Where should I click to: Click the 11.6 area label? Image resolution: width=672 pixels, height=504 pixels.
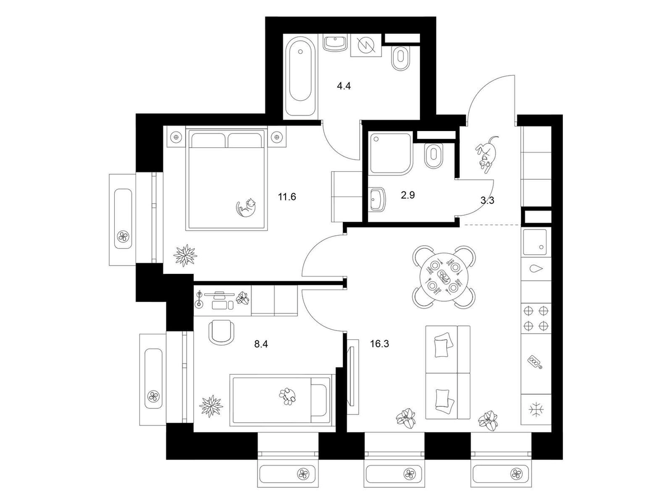[287, 197]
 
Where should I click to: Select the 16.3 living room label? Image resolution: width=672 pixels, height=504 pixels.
[379, 344]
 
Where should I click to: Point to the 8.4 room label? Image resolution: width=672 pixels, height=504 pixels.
[261, 344]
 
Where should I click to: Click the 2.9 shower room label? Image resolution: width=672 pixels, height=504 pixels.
[408, 195]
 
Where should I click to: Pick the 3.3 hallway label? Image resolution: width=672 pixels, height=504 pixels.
[487, 200]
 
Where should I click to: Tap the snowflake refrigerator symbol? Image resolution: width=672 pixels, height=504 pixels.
[536, 409]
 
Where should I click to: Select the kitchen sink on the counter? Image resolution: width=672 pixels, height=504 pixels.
[535, 242]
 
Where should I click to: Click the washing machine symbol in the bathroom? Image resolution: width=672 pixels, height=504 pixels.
[366, 45]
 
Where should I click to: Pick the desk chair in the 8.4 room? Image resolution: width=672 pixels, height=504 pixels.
[221, 332]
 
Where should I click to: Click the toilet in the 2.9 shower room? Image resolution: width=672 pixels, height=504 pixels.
[433, 155]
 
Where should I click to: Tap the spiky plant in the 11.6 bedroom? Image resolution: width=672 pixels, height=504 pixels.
[185, 255]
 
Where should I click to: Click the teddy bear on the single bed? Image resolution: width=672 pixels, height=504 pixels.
[288, 396]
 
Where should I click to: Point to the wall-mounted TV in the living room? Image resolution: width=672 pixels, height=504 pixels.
[352, 376]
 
